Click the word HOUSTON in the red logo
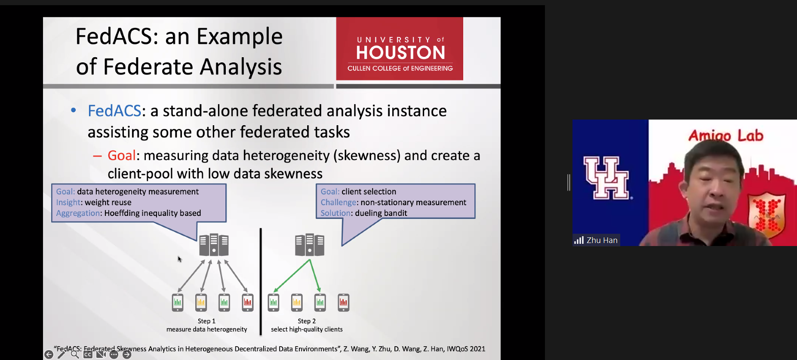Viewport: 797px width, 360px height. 400,52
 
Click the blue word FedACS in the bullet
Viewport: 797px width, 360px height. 114,111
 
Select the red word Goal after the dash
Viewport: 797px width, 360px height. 122,155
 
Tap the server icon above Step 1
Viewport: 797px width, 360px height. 214,245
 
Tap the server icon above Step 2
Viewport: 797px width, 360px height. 310,245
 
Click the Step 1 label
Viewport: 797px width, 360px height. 206,321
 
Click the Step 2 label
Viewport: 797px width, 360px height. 307,321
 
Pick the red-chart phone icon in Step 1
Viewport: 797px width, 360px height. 248,302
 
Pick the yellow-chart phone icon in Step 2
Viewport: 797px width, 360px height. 297,302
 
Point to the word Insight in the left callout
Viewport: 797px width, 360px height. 68,202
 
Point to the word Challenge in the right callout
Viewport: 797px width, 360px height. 338,202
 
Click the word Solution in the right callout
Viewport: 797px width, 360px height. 335,213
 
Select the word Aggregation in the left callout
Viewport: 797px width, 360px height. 78,213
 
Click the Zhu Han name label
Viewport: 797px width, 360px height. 602,240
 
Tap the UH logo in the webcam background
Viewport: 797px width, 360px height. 607,178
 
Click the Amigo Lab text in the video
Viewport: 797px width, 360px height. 726,135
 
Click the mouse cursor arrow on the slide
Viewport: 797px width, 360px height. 180,259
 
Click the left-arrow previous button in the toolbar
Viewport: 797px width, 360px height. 49,354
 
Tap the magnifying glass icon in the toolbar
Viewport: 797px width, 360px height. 75,354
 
